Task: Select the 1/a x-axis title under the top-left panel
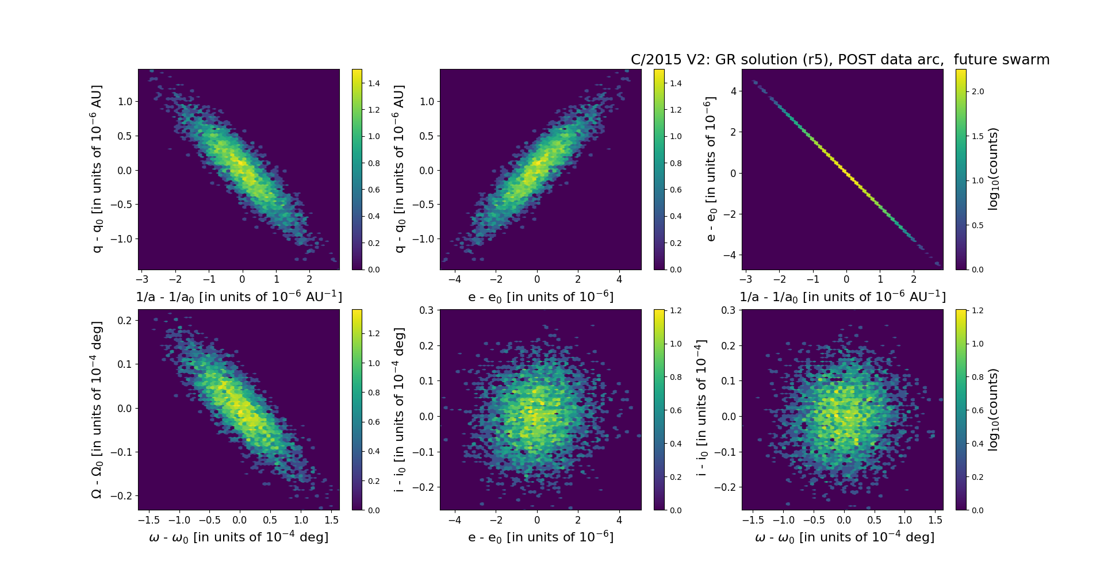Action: (x=239, y=297)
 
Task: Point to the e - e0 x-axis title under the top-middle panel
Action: (x=540, y=297)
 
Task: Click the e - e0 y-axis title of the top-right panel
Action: (x=711, y=169)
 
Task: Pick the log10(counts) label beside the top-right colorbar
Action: (x=993, y=169)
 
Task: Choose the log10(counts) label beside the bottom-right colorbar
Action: (x=993, y=409)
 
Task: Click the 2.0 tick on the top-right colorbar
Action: (x=977, y=91)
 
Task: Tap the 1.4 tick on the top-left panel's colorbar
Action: (x=374, y=83)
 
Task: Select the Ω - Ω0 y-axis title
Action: (x=97, y=409)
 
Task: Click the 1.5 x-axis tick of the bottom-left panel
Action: (x=331, y=520)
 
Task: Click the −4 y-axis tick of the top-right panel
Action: (x=731, y=255)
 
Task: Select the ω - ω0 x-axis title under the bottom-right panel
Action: (x=844, y=537)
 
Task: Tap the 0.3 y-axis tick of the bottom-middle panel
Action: (x=426, y=310)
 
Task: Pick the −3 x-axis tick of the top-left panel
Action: (x=141, y=279)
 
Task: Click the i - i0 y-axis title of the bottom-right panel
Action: (x=701, y=409)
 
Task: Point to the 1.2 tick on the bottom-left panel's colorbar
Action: (x=374, y=333)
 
